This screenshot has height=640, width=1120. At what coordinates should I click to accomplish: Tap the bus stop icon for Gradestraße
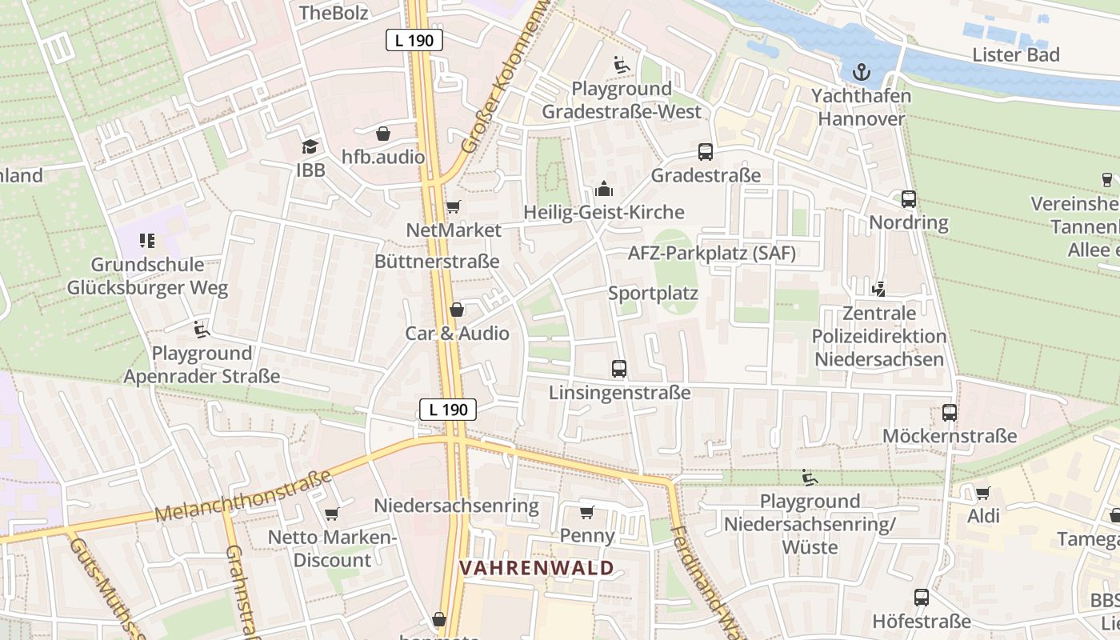click(x=706, y=151)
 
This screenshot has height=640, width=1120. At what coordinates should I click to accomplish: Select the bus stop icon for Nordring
click(x=909, y=199)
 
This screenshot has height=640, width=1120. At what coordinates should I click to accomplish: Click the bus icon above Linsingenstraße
click(x=619, y=369)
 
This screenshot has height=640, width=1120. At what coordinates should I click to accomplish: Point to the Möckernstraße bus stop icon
click(x=950, y=413)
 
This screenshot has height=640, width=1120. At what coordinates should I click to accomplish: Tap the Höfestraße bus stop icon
click(x=922, y=598)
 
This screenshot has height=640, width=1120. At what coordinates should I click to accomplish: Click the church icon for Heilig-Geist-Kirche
click(x=604, y=189)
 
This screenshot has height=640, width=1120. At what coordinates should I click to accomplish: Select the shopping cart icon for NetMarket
click(x=453, y=207)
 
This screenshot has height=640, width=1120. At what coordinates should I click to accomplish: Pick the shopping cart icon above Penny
click(x=587, y=512)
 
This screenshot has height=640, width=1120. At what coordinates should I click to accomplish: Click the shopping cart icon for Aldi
click(x=983, y=493)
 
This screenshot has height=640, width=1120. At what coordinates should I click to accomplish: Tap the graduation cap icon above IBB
click(x=310, y=146)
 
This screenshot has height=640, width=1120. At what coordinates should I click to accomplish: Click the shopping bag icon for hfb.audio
click(x=383, y=133)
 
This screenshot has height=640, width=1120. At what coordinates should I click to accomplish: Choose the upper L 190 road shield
click(x=414, y=39)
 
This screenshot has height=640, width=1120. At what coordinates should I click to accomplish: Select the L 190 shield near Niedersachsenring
click(x=448, y=410)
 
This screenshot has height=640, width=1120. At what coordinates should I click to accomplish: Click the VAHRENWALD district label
click(x=537, y=568)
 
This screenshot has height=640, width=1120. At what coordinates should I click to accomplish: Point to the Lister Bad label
click(x=1016, y=54)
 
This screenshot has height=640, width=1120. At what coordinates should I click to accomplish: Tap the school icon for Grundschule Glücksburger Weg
click(x=147, y=240)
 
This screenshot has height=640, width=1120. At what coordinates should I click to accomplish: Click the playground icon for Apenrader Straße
click(x=202, y=329)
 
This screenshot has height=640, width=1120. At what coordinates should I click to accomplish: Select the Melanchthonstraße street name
click(x=243, y=497)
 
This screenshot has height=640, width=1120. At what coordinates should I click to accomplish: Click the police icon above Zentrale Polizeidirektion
click(x=878, y=289)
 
